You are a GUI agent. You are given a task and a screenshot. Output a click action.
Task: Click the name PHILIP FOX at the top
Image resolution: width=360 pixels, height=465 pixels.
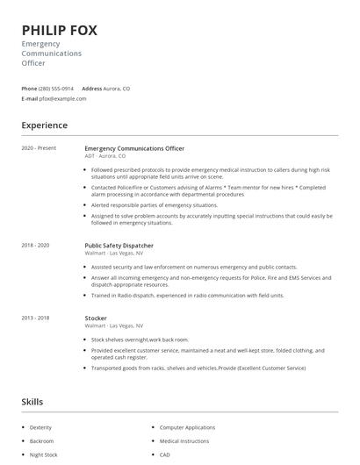(60, 31)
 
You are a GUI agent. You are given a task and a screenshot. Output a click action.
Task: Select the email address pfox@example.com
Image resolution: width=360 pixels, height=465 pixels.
(63, 98)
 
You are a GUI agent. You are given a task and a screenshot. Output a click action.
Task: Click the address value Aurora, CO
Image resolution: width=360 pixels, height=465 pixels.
(117, 89)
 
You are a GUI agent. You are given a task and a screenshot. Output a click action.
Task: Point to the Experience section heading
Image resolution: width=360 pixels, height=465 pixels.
(45, 125)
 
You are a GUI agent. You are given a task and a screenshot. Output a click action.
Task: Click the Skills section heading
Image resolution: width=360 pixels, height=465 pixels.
(33, 402)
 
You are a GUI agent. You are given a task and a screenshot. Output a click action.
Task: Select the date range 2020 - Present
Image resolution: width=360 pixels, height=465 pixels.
(39, 148)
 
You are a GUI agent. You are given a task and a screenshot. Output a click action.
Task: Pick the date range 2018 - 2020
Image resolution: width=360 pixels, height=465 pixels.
(36, 246)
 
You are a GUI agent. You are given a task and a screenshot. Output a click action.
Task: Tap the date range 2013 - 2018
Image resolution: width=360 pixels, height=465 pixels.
(36, 318)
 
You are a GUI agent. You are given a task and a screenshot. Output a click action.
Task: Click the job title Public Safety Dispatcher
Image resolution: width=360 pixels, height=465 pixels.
(119, 246)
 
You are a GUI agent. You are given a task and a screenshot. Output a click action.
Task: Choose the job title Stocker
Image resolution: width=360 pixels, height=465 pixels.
(96, 318)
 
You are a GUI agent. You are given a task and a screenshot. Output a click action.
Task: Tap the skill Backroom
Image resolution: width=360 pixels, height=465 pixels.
(42, 441)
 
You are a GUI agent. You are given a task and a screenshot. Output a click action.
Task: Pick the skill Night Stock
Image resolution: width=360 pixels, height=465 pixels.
(44, 455)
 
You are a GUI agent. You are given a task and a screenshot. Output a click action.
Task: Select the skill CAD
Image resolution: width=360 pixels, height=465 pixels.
(165, 455)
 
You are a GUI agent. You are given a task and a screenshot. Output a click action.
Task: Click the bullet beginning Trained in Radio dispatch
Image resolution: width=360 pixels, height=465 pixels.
(187, 296)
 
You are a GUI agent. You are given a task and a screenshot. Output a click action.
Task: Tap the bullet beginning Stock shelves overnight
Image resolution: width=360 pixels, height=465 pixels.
(140, 339)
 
